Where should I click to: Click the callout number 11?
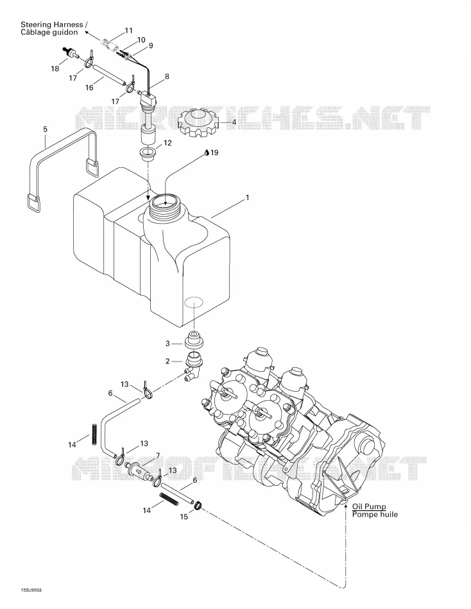(x=129, y=30)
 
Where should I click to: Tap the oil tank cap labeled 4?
(x=198, y=122)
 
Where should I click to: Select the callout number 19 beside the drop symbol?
(x=214, y=153)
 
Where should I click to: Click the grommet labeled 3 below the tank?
(x=194, y=340)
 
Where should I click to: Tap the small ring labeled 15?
(x=198, y=505)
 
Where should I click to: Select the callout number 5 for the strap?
(x=45, y=129)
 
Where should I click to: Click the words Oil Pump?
(x=369, y=506)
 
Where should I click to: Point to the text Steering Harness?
(x=52, y=24)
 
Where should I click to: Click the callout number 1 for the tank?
(x=247, y=197)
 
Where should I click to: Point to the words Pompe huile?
(x=375, y=515)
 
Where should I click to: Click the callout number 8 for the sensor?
(x=167, y=76)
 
